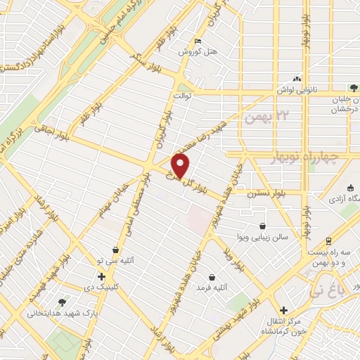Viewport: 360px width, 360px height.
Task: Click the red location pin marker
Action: coord(181,167)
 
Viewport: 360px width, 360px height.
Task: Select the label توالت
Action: coord(181,95)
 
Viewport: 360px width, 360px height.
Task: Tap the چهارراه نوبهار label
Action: coord(305,157)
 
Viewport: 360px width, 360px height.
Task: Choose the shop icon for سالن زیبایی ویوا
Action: coord(263,226)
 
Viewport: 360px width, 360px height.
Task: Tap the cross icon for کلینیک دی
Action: coord(102,276)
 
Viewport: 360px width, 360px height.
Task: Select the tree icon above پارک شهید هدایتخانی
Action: coord(63,302)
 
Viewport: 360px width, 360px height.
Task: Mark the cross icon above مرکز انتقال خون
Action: coord(283,310)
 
